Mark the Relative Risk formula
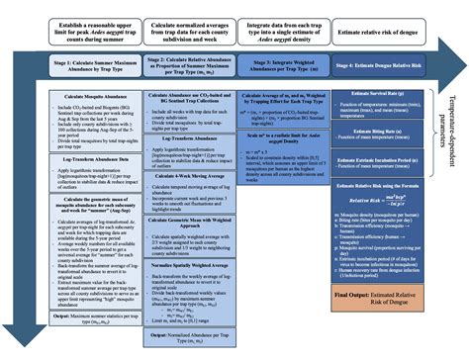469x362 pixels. tap(381, 201)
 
